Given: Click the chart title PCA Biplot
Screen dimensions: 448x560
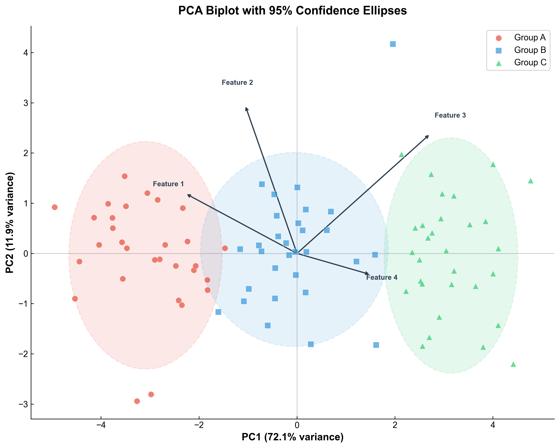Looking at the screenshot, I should [292, 11].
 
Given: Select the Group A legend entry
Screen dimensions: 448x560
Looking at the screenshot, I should [530, 38].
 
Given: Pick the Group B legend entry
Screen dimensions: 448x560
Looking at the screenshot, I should [530, 50].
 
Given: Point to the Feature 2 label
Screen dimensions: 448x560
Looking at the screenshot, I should [237, 83].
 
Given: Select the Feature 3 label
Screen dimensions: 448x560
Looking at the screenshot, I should [450, 115].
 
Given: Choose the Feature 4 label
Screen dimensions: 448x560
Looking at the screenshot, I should [382, 277].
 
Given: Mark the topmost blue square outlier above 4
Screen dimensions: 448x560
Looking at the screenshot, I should [393, 44].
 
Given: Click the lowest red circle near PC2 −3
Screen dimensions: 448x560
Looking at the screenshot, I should [137, 401].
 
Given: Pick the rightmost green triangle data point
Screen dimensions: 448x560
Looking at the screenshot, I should [530, 181].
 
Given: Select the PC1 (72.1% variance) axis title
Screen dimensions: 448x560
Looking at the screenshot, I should [292, 437].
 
